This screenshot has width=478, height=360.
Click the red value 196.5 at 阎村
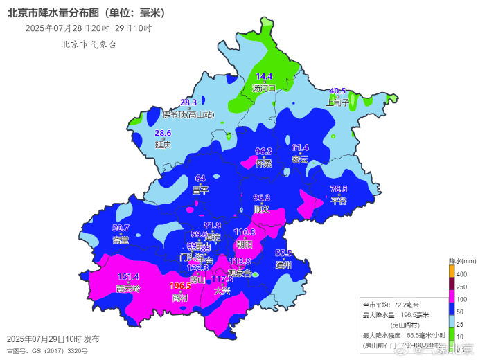(x=180, y=286)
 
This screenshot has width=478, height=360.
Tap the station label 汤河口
(x=265, y=88)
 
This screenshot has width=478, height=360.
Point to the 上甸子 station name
(x=338, y=102)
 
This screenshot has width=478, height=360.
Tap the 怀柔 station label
(x=264, y=163)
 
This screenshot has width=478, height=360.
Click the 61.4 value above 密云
(x=300, y=147)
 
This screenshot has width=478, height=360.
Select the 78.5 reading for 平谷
(x=338, y=189)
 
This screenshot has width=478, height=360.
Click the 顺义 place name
(x=261, y=208)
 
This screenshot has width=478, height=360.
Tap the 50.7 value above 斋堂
(x=121, y=228)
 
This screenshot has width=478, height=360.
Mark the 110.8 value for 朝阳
(x=245, y=233)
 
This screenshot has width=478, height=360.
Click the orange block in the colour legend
(x=453, y=275)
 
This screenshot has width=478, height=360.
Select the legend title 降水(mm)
(x=462, y=262)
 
